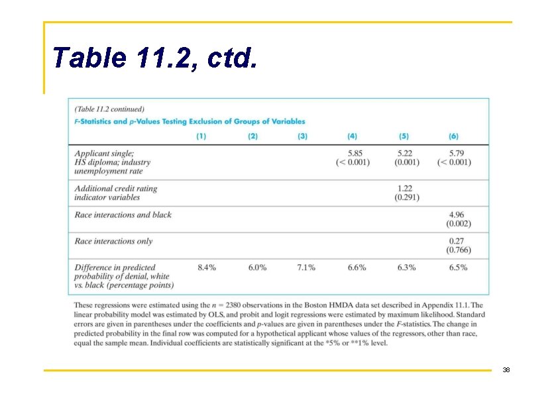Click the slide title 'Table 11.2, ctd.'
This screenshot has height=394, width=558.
pyautogui.click(x=155, y=58)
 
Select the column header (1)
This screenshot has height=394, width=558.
pyautogui.click(x=201, y=136)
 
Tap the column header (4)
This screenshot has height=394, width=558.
pyautogui.click(x=352, y=136)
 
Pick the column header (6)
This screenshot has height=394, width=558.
pyautogui.click(x=453, y=136)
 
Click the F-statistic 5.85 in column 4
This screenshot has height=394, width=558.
pyautogui.click(x=355, y=153)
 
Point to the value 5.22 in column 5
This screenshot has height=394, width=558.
pyautogui.click(x=405, y=153)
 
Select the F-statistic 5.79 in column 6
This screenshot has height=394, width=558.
pyautogui.click(x=456, y=153)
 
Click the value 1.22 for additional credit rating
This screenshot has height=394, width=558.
pyautogui.click(x=405, y=189)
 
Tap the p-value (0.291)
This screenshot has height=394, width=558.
pyautogui.click(x=407, y=197)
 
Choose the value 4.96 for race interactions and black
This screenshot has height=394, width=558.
pyautogui.click(x=456, y=215)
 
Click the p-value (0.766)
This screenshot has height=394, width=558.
pyautogui.click(x=459, y=250)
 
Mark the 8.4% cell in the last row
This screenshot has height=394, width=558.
pyautogui.click(x=207, y=268)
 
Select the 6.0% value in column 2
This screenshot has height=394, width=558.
pyautogui.click(x=257, y=268)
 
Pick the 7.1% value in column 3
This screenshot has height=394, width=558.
pyautogui.click(x=306, y=268)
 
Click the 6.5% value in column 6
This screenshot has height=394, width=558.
pyautogui.click(x=458, y=268)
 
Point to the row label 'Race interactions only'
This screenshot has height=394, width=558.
pyautogui.click(x=113, y=241)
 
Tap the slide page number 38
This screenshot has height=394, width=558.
pyautogui.click(x=506, y=369)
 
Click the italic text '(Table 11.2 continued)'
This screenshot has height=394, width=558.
pyautogui.click(x=109, y=109)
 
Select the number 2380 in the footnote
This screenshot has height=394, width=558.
pyautogui.click(x=233, y=305)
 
